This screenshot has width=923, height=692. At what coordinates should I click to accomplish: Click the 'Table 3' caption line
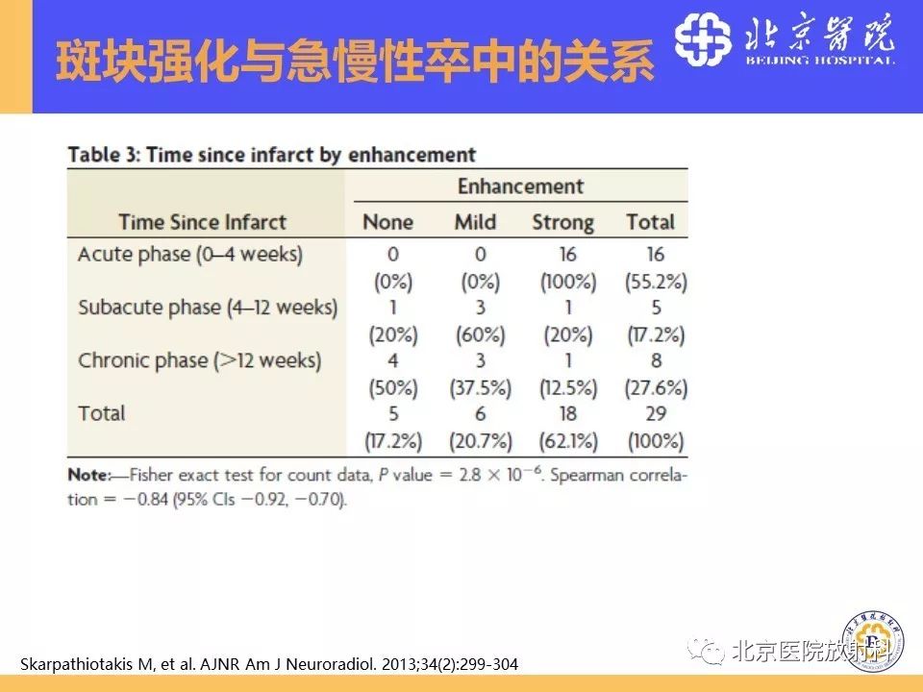coord(271,155)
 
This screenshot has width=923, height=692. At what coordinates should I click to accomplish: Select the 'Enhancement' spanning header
coord(520,186)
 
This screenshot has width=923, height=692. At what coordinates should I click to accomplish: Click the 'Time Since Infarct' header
coord(202,222)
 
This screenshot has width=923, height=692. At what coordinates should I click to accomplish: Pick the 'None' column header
coord(387,222)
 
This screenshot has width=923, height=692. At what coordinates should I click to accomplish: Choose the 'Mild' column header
coord(476,222)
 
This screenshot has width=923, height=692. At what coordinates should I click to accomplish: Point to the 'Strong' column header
coord(562,222)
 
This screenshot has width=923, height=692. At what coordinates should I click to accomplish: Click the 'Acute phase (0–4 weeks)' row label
coord(189,255)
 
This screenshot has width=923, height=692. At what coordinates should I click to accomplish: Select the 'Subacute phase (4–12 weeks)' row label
coord(208,308)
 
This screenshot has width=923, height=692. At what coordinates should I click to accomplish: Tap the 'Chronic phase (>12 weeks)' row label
coord(199,360)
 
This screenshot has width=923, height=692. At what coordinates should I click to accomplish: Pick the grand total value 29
coord(655,414)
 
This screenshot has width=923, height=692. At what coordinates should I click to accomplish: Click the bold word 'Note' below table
coord(88,475)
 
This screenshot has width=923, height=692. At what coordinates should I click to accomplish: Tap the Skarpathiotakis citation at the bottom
coord(267,664)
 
